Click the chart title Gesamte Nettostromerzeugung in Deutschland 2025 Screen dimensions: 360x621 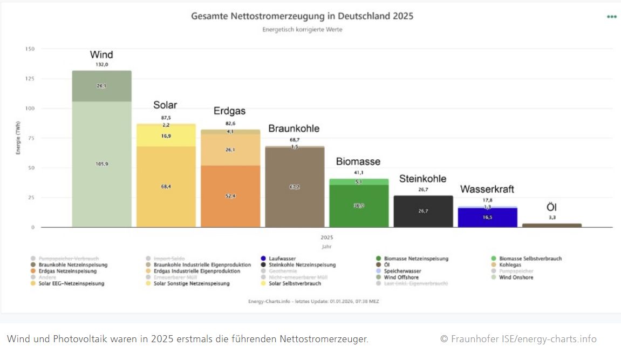[302, 16]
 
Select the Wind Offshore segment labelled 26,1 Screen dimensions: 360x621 [101, 86]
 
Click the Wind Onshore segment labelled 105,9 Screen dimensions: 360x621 [101, 164]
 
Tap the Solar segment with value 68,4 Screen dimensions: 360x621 [166, 186]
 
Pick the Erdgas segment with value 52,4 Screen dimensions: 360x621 [230, 196]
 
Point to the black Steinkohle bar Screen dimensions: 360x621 [423, 211]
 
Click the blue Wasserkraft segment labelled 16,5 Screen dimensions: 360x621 [487, 217]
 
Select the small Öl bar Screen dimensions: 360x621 [551, 225]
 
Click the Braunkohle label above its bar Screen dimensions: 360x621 [294, 128]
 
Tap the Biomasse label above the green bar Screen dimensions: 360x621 [358, 161]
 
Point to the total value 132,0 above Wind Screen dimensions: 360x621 [101, 64]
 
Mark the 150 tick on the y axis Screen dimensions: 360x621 [30, 49]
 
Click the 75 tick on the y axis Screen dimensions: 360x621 [31, 138]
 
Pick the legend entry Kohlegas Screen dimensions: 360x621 [508, 265]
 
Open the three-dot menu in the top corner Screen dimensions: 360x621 [611, 17]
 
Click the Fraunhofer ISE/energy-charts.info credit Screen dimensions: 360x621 [518, 339]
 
